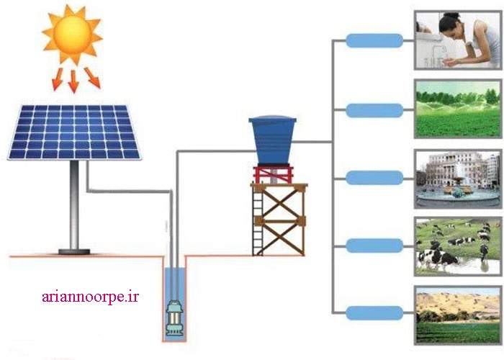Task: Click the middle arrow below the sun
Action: pos(73,80)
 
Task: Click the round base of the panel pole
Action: pos(74,251)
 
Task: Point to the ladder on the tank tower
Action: pos(258,220)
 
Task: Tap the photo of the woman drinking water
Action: pos(456,41)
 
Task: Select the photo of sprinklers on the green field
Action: pos(456,109)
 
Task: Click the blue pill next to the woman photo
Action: pos(374,42)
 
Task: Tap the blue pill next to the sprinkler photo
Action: pos(374,110)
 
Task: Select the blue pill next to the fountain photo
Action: pos(374,178)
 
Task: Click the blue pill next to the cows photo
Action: pos(374,246)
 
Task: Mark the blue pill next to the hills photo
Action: pos(374,313)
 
